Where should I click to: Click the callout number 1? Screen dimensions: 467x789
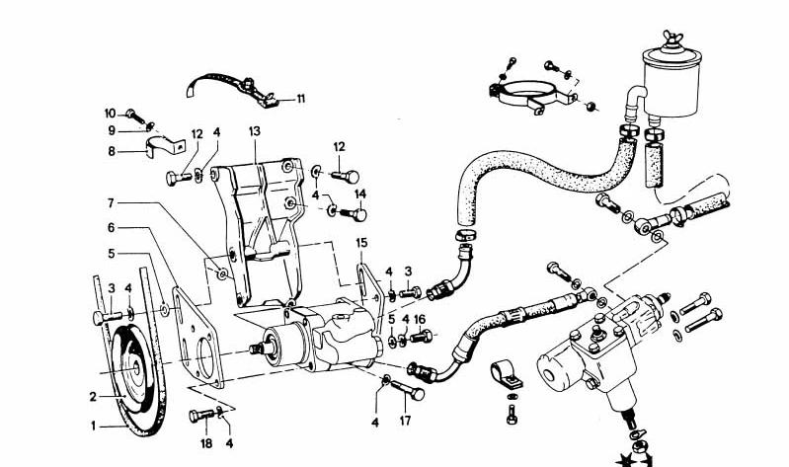point(96,427)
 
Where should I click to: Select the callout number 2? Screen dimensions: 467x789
point(92,397)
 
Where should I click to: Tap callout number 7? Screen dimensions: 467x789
point(112,203)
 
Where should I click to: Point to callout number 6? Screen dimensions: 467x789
point(112,227)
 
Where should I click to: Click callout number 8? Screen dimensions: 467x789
point(112,151)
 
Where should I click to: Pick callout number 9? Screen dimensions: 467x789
point(112,130)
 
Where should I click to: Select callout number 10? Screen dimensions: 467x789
point(109,112)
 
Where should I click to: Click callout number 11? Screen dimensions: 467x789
point(300,98)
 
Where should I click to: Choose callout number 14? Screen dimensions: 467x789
point(360,194)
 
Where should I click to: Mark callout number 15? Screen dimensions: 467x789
point(361,242)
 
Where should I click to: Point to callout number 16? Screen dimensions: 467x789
point(420,319)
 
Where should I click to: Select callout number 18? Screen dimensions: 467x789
point(207,445)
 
